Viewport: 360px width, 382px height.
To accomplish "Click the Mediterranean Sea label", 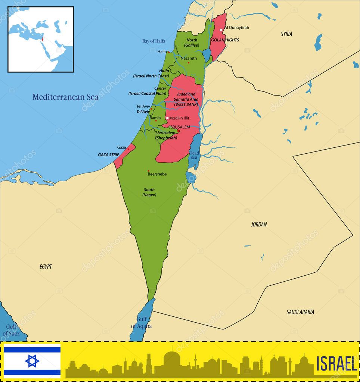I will pos(65,97).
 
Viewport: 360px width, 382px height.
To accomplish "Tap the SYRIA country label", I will pos(286,34).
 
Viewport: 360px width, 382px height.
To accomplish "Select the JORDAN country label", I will pos(259,224).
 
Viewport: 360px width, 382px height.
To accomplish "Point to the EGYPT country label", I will pos(46,267).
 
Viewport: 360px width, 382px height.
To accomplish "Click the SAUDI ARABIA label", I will pos(300,312).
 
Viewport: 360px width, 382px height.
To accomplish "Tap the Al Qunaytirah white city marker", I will pos(221,29).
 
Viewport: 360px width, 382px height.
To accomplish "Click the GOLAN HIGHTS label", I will pos(225,40).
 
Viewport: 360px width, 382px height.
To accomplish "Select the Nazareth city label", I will pos(189,59).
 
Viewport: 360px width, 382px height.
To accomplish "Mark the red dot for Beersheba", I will pos(149,171).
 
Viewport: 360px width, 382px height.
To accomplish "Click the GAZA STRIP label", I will pos(109,154).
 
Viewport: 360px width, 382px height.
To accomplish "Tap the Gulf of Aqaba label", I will pos(141,323).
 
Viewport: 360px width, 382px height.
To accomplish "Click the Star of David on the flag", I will pos(32,361).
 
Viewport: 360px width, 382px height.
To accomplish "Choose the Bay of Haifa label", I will pos(153,41).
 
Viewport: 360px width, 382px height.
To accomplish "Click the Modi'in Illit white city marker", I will pos(167,118).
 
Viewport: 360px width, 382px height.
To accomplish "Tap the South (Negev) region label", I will pos(149,192).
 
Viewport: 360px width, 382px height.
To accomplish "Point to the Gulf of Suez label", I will pos(11,330).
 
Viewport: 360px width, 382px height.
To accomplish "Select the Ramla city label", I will pos(155,118).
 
